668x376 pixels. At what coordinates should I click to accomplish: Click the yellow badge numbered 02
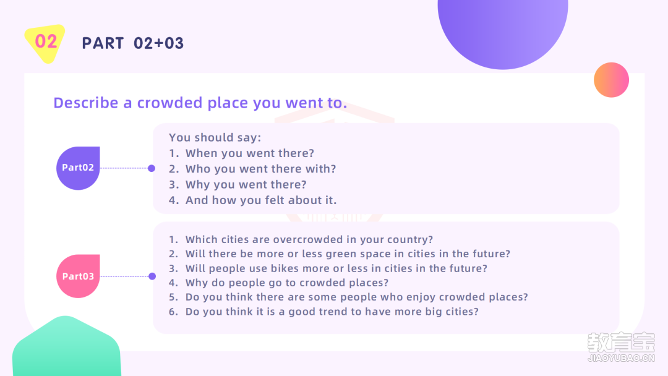(45, 43)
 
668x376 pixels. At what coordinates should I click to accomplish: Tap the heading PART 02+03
(133, 43)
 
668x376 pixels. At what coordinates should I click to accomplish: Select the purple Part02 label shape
(78, 168)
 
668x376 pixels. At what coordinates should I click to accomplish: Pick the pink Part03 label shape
(78, 276)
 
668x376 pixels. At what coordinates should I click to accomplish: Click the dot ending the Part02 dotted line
(152, 168)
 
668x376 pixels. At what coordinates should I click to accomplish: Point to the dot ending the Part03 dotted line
(152, 276)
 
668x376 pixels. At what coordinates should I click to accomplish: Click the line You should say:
(215, 137)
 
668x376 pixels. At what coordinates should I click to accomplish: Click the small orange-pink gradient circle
(611, 80)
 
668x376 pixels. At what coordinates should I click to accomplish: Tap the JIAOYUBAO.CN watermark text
(621, 358)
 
